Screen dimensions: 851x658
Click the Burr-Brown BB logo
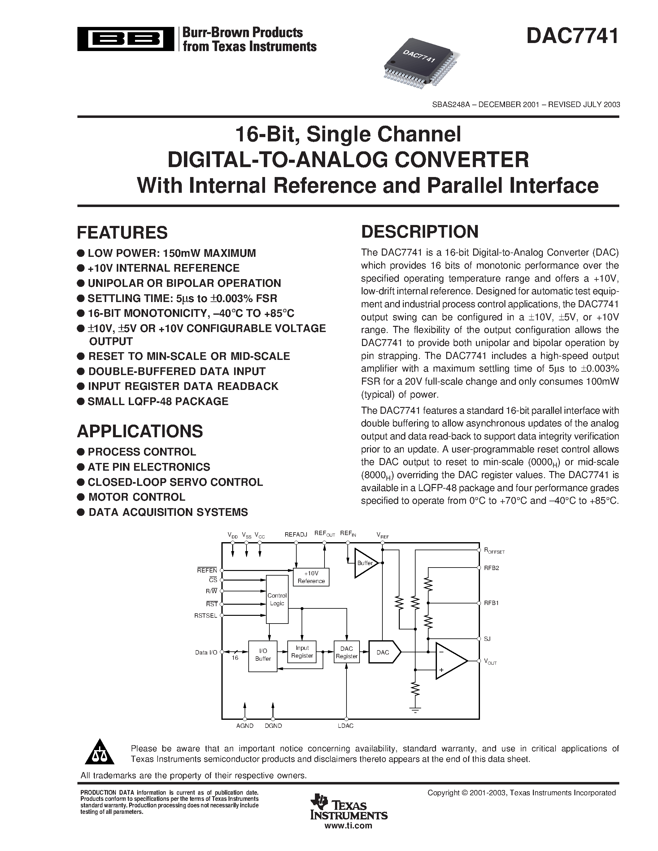(125, 39)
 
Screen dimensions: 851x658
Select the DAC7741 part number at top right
(572, 36)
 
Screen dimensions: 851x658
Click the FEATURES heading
(122, 233)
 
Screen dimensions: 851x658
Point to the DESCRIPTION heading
(420, 231)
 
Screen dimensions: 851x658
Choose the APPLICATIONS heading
(140, 431)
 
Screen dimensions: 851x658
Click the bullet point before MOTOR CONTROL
(81, 497)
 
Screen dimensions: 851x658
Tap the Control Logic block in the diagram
(277, 599)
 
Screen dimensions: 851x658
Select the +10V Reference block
(311, 577)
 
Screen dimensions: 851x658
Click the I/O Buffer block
(263, 656)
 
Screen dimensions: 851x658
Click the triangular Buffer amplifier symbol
(365, 563)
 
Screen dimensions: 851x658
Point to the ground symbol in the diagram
(416, 710)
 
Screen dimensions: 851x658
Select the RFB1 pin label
(491, 603)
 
